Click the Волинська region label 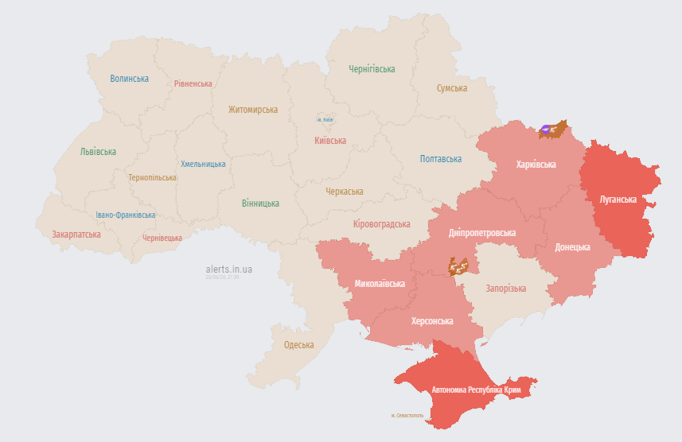[x=130, y=79]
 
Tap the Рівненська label [x=193, y=83]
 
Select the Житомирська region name [x=253, y=110]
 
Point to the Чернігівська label [x=372, y=69]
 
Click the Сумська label [x=452, y=88]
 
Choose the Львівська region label [x=98, y=152]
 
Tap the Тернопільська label [x=152, y=177]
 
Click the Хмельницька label [x=203, y=164]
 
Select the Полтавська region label [x=441, y=159]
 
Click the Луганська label [x=618, y=199]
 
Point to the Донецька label [x=573, y=247]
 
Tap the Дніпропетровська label [x=482, y=233]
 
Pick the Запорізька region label [x=505, y=289]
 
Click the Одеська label [x=299, y=345]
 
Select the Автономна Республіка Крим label [x=476, y=390]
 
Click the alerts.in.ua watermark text [x=228, y=269]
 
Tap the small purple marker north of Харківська [x=548, y=128]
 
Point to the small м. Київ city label [x=325, y=120]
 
